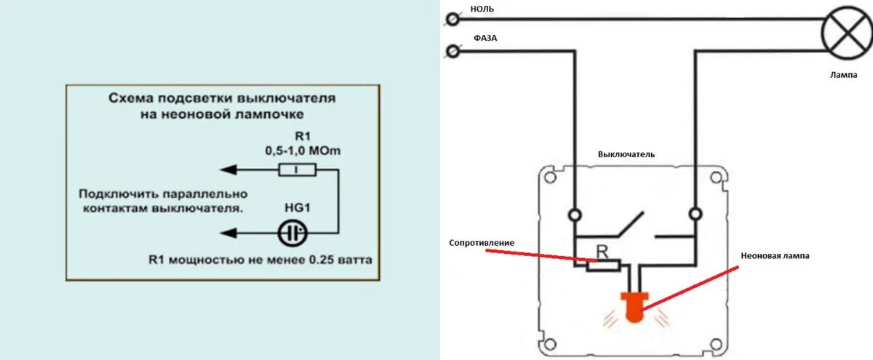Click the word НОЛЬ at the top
pyautogui.click(x=482, y=9)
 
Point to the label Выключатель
pyautogui.click(x=626, y=154)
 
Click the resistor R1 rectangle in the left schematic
pyautogui.click(x=297, y=170)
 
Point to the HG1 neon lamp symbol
pyautogui.click(x=294, y=233)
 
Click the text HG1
pyautogui.click(x=296, y=208)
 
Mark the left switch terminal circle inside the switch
pyautogui.click(x=575, y=215)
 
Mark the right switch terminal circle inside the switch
pyautogui.click(x=695, y=215)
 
